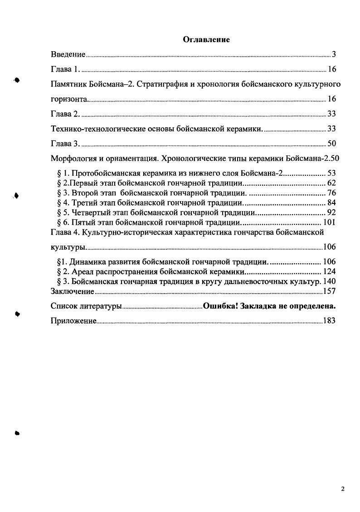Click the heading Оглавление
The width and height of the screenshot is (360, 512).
[x=206, y=40]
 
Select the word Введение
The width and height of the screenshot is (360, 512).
[x=68, y=55]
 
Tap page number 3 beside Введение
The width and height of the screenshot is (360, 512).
[x=333, y=55]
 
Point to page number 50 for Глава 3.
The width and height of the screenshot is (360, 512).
[x=331, y=144]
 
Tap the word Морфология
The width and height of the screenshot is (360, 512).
[x=73, y=159]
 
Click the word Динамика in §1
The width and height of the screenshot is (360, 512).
[x=88, y=262]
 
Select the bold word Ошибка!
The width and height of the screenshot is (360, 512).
[x=220, y=306]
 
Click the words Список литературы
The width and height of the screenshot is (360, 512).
[x=86, y=307]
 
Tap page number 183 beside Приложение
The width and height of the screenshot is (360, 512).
[x=329, y=321]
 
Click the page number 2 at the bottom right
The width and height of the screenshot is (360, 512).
[x=343, y=489]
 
